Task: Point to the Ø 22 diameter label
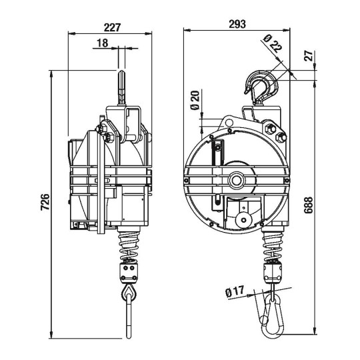271,45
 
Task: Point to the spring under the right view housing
273,243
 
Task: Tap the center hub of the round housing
236,181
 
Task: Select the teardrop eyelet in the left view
127,293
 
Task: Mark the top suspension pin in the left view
122,87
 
